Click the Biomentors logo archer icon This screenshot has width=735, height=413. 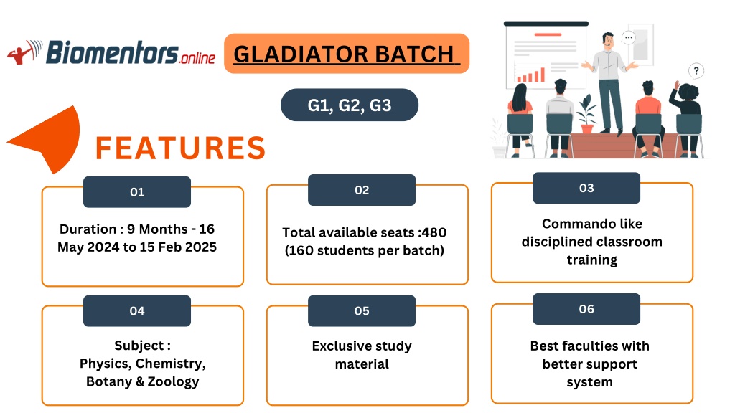[x=24, y=52]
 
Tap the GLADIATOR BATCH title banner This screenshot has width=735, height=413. [x=347, y=53]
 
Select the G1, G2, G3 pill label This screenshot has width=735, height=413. [x=350, y=105]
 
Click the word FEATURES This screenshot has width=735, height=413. [x=180, y=148]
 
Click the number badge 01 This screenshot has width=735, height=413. [x=137, y=192]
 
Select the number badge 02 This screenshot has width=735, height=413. [x=362, y=190]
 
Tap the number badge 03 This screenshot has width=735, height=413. [x=586, y=188]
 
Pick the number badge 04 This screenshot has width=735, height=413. [x=137, y=311]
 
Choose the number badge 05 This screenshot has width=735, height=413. [x=362, y=311]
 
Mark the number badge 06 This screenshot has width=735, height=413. [x=586, y=309]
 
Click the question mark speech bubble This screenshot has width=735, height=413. [x=696, y=71]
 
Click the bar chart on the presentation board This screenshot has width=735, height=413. [x=530, y=75]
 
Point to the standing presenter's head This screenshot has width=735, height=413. [x=608, y=40]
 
